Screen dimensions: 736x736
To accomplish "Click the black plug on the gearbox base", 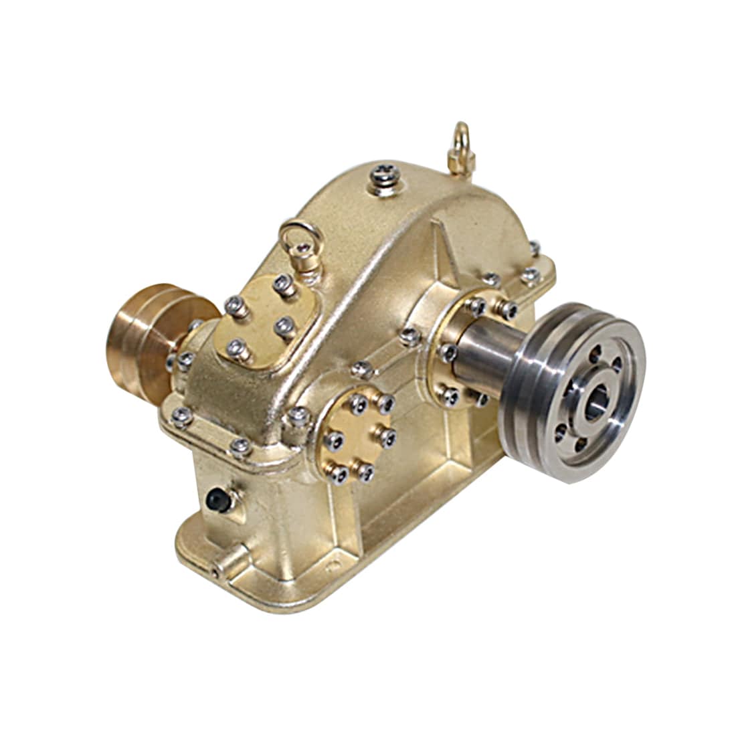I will point(215,498).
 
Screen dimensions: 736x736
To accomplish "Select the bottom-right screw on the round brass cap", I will point(365,473).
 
